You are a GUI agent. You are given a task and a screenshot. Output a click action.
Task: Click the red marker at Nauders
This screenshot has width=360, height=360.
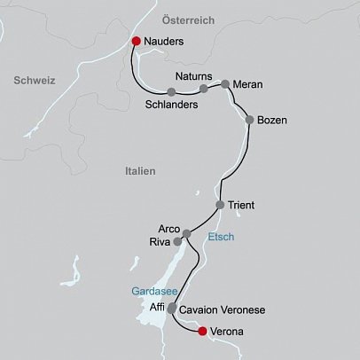click(x=136, y=41)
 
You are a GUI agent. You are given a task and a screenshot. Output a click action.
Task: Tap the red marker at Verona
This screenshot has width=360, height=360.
click(x=202, y=332)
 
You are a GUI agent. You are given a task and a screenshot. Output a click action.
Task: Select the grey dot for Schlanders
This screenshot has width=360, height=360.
click(x=170, y=91)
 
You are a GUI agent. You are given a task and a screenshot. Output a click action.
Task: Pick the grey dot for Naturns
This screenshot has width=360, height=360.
click(x=204, y=89)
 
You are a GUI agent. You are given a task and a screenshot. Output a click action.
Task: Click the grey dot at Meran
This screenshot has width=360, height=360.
click(x=225, y=84)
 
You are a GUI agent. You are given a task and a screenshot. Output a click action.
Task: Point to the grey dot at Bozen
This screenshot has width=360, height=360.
click(x=250, y=120)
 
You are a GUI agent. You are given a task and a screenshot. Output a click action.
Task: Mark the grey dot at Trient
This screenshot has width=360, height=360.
click(x=220, y=206)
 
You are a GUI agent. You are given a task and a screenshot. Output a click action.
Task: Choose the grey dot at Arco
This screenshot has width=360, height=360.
click(x=186, y=233)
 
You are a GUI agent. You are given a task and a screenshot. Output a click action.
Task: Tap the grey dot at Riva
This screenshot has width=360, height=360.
click(x=177, y=240)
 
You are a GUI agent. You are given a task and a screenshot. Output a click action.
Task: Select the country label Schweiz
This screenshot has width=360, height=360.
click(x=35, y=80)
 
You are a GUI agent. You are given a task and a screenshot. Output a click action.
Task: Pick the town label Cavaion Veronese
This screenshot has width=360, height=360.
click(x=222, y=311)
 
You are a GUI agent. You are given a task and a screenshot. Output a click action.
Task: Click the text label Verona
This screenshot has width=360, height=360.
click(x=227, y=333)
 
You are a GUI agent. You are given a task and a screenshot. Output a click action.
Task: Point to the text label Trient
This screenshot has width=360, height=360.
click(x=241, y=206)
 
